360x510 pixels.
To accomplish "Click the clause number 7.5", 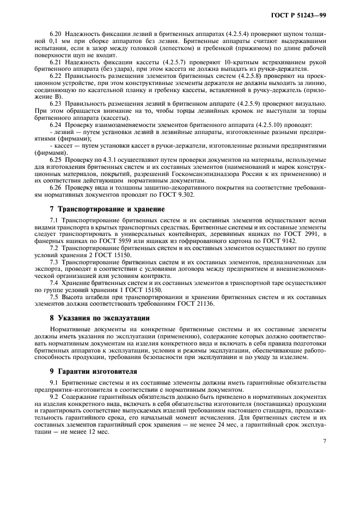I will (55, 296).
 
